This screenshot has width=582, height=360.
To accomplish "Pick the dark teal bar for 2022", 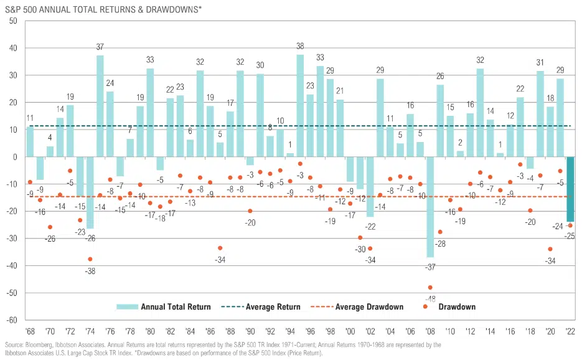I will point(570,189).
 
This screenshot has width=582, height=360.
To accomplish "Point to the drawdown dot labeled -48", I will point(430,288).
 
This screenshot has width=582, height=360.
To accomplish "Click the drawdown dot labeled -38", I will point(90,259).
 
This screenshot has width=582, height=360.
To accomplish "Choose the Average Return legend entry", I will point(265,307).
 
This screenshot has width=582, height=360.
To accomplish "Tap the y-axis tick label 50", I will point(12,21).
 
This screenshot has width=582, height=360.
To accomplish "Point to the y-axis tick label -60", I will point(11,320).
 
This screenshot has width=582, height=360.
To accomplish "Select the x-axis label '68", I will point(29,330).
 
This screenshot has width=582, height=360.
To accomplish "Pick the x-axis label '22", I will point(570,330).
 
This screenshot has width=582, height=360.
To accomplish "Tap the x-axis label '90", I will point(250,330).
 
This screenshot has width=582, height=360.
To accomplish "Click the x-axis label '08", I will point(430,330).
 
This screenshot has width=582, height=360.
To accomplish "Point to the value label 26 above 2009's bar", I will point(440,77).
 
